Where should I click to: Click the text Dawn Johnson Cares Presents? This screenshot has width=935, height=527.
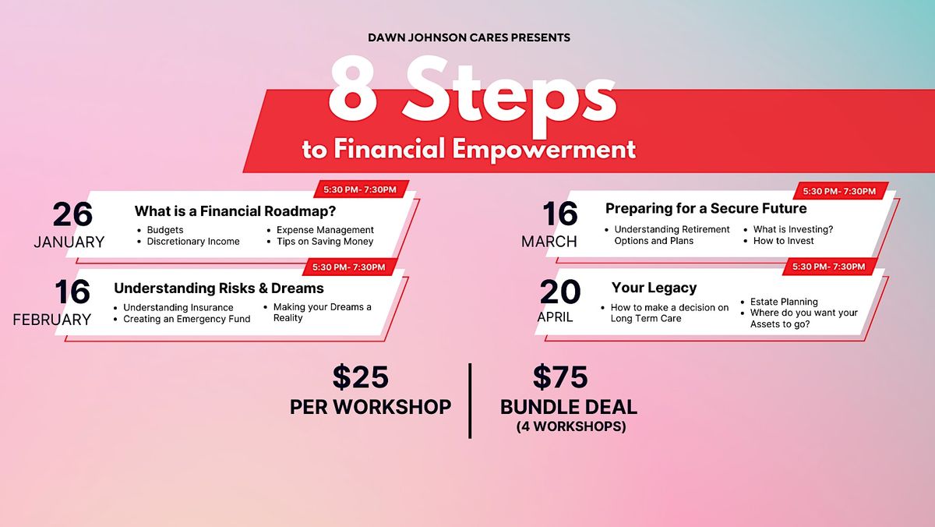pyautogui.click(x=468, y=37)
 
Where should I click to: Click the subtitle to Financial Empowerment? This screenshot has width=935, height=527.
pyautogui.click(x=468, y=150)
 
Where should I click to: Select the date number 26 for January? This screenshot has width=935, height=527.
pyautogui.click(x=72, y=215)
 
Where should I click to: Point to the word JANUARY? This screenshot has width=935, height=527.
pyautogui.click(x=69, y=242)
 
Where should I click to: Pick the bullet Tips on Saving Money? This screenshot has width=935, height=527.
pyautogui.click(x=325, y=242)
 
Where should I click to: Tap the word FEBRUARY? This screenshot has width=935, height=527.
pyautogui.click(x=52, y=320)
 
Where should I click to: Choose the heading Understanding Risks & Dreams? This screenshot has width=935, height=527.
pyautogui.click(x=219, y=288)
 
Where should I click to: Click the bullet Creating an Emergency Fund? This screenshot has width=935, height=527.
pyautogui.click(x=187, y=319)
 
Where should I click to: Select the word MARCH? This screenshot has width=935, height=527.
pyautogui.click(x=549, y=242)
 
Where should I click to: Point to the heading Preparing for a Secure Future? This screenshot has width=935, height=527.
pyautogui.click(x=706, y=209)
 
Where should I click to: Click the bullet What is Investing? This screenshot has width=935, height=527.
pyautogui.click(x=793, y=229)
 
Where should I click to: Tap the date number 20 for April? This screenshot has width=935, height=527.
pyautogui.click(x=560, y=292)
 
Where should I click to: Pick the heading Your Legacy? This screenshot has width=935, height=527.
pyautogui.click(x=654, y=288)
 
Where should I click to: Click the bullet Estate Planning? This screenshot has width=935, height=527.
pyautogui.click(x=784, y=302)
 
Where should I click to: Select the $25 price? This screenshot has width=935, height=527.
pyautogui.click(x=361, y=378)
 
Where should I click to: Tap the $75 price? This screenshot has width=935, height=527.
pyautogui.click(x=560, y=378)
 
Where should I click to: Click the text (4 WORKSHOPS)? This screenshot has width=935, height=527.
pyautogui.click(x=570, y=426)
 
